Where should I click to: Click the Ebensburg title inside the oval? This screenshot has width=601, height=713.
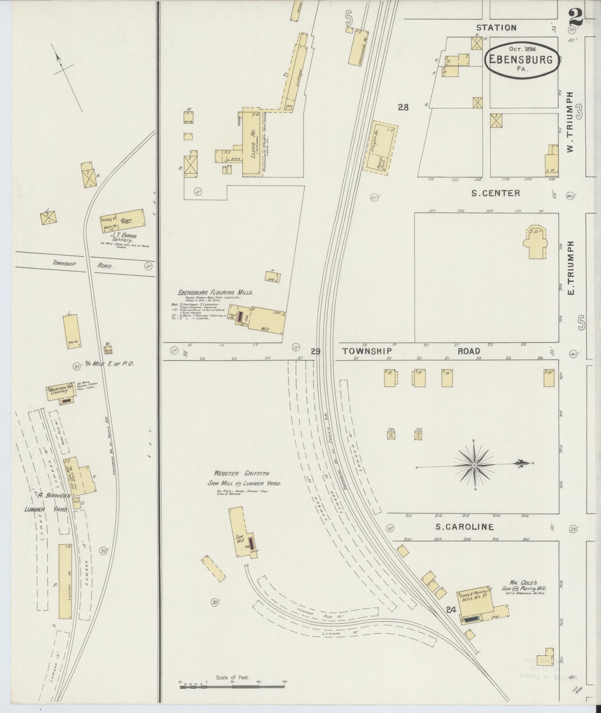[x=521, y=60]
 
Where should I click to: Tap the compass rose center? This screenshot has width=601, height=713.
[x=474, y=466]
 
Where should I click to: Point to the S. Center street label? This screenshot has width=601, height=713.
[x=495, y=193]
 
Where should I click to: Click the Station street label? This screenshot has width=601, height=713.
[x=496, y=28]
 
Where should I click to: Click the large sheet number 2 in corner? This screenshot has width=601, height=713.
[x=576, y=18]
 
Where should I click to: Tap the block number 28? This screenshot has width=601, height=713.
[x=403, y=108]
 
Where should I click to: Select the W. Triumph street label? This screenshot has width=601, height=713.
[x=569, y=122]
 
